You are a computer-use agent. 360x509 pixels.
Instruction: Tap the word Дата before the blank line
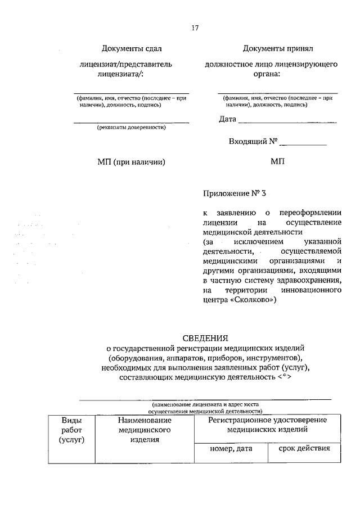[x=227, y=119]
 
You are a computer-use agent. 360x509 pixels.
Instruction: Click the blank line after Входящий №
[x=303, y=144]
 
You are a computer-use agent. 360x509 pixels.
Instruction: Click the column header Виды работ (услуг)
[x=71, y=430]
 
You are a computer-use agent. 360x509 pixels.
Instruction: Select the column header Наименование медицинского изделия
[x=145, y=430]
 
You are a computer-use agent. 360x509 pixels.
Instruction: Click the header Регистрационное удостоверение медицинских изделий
[x=267, y=425]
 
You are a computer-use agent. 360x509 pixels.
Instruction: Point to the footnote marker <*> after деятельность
[x=284, y=378]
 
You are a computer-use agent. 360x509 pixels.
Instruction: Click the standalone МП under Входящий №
[x=277, y=162]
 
